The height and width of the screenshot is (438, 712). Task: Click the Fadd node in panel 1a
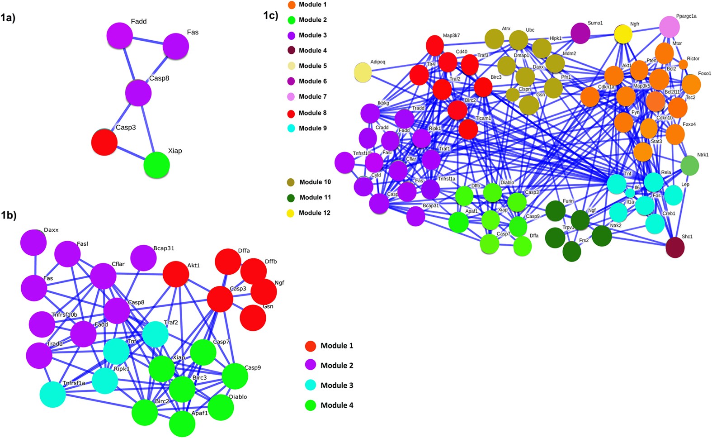120,36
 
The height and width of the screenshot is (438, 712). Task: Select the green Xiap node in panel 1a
156,165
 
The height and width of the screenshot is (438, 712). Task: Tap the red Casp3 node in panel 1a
104,142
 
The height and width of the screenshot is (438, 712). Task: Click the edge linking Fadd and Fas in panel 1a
147,41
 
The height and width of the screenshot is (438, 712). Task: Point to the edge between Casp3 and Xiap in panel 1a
130,154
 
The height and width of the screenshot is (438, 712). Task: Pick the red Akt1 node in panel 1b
176,274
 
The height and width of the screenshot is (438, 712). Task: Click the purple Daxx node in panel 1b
33,243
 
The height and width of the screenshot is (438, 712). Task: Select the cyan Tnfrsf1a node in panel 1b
53,394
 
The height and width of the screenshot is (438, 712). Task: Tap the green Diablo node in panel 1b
221,407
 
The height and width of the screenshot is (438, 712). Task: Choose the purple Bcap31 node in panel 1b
144,258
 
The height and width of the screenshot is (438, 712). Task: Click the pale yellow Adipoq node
363,72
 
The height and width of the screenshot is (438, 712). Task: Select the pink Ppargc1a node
670,27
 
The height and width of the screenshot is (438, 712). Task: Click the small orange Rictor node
684,64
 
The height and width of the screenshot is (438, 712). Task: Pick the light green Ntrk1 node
689,165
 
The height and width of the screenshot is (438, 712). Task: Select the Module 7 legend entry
312,96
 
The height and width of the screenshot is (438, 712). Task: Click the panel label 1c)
270,15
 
